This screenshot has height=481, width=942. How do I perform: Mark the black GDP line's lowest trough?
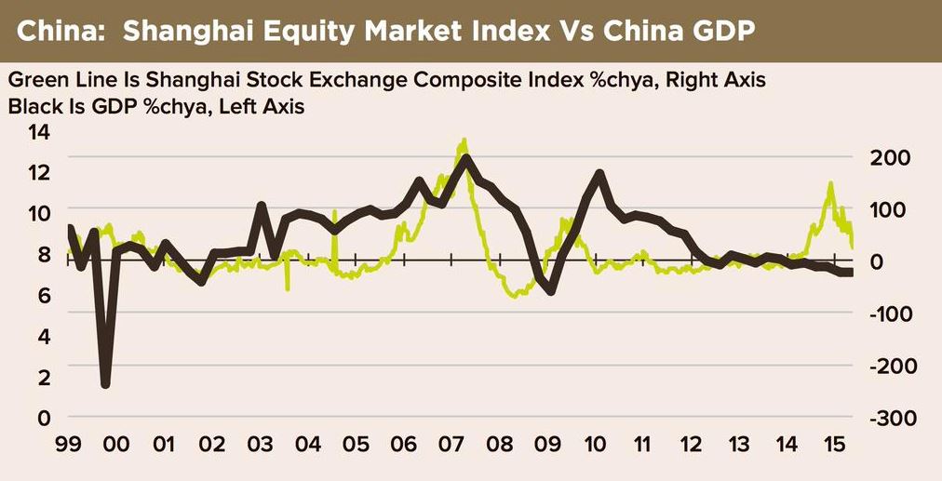point(105,383)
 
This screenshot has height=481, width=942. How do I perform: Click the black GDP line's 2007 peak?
point(465,159)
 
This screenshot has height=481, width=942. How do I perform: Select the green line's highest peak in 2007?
point(463,141)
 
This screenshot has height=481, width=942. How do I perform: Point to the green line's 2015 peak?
point(829,184)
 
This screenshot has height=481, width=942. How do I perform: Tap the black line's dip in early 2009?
point(550,290)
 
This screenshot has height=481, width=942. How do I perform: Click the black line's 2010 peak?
point(599,174)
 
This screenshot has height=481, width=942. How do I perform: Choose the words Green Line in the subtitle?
point(54,81)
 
